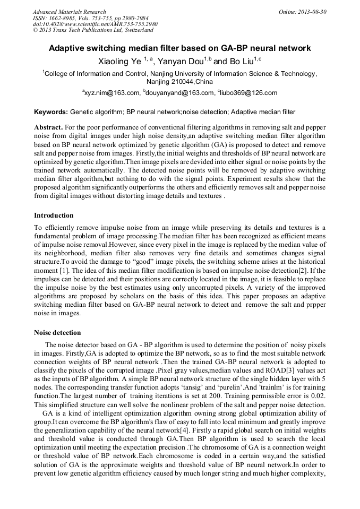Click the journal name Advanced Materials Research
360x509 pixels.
click(69, 12)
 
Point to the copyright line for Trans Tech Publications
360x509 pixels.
click(92, 31)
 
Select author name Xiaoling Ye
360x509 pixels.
click(119, 62)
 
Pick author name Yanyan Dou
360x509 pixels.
click(181, 62)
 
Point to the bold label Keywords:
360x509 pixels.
click(51, 112)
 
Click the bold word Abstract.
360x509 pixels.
click(48, 128)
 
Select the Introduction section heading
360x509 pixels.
click(54, 215)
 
